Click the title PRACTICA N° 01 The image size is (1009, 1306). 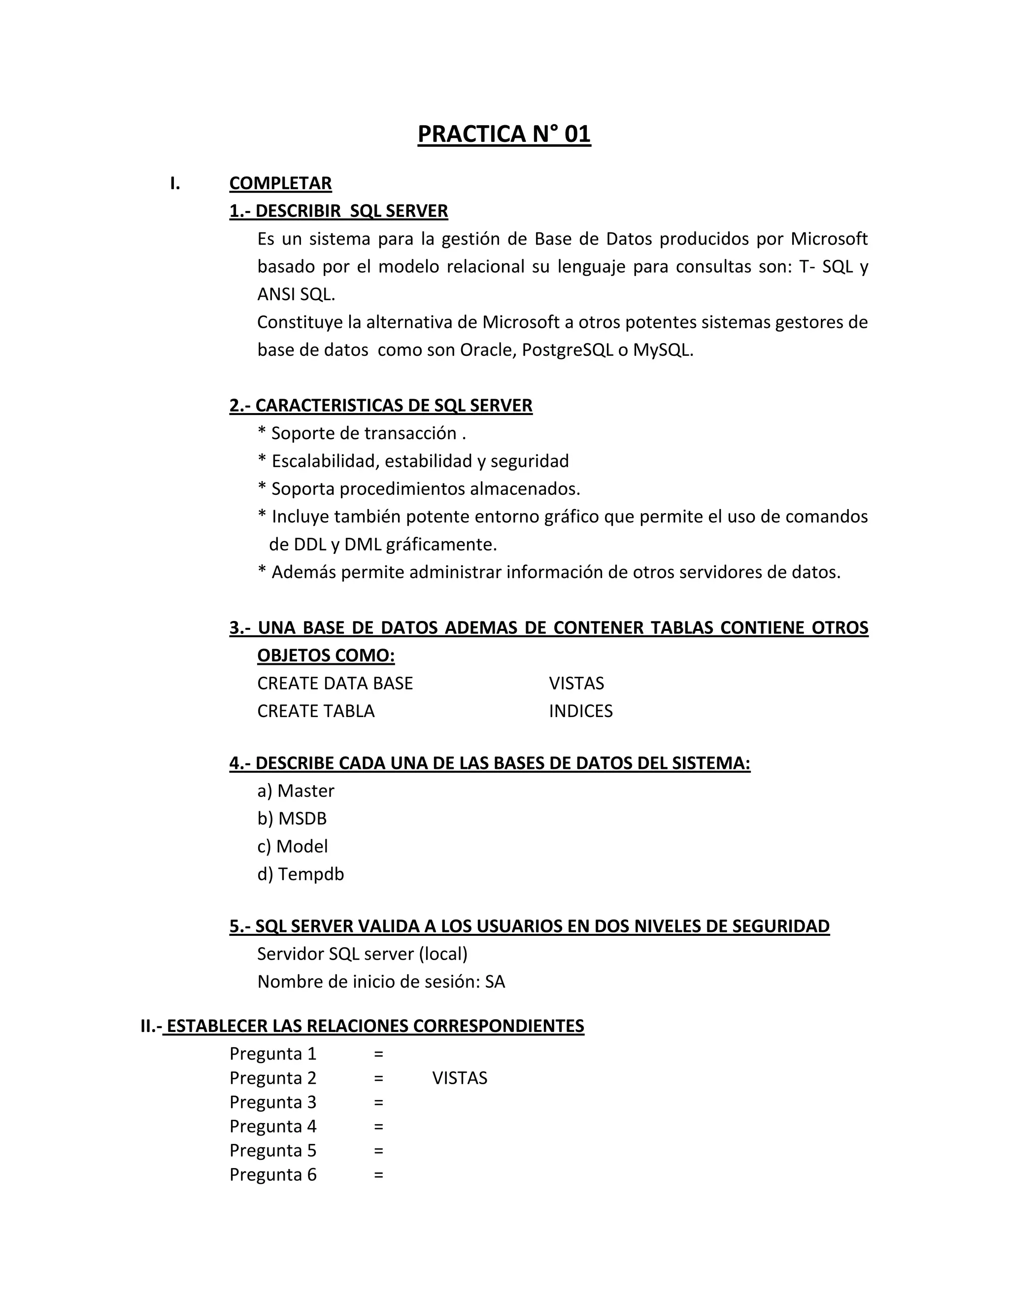pos(504,134)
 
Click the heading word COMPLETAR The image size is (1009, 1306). pos(280,183)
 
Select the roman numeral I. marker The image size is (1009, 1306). pos(174,183)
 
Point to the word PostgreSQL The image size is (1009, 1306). pos(567,350)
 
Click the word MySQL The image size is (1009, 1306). pos(662,350)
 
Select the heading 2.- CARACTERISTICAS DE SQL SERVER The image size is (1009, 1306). pos(381,406)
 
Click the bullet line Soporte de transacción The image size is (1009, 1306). pos(362,433)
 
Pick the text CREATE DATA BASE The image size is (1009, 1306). pos(335,683)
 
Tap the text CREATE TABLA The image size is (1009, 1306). pos(316,711)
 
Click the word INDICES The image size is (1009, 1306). pos(580,711)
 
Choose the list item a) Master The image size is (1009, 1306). pos(295,790)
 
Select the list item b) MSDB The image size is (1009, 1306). pos(292,818)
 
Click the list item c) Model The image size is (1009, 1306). pos(292,846)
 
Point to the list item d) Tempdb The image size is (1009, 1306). pos(300,874)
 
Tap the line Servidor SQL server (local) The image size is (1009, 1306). pos(362,954)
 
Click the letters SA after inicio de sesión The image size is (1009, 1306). pos(495,982)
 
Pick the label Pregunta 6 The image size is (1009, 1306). pos(272,1174)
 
